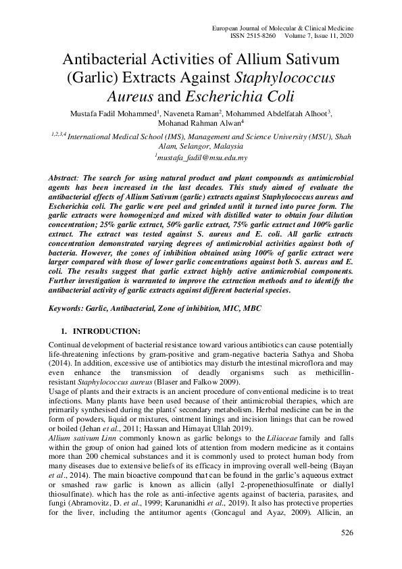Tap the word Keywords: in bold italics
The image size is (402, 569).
(66, 307)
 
